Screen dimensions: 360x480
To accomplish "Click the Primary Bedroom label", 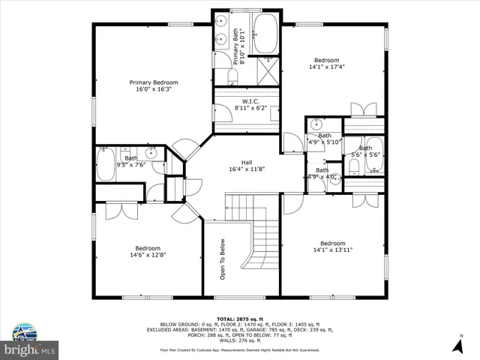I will (x=154, y=85).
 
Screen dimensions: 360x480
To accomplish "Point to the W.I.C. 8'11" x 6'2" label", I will (x=250, y=105).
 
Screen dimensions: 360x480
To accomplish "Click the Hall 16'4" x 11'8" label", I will (x=247, y=166).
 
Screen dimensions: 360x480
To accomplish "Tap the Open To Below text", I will (x=223, y=259).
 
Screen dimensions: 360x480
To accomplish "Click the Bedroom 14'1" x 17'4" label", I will (x=326, y=64).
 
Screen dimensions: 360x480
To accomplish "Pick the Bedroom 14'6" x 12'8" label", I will (x=148, y=253).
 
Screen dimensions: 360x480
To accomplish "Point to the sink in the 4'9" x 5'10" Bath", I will (x=316, y=124).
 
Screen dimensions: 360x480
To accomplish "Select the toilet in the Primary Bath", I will (x=232, y=77).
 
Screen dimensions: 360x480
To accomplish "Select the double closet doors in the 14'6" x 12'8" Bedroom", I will (x=118, y=210).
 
